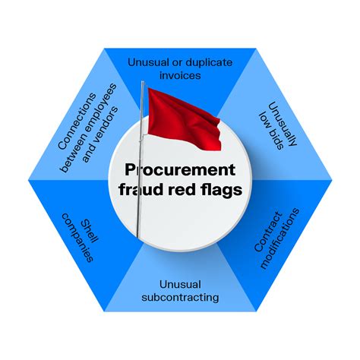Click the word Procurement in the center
pos(180,169)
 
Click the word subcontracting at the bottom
pos(180,296)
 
